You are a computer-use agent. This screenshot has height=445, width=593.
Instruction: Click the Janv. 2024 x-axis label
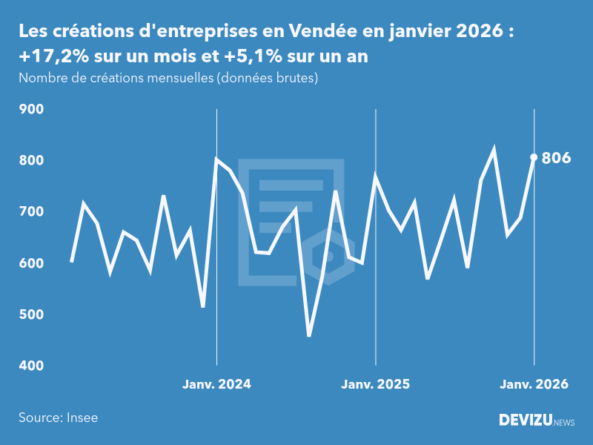[216, 384]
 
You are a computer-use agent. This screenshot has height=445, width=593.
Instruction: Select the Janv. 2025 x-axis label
[376, 384]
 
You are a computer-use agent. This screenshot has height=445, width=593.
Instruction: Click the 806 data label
[556, 158]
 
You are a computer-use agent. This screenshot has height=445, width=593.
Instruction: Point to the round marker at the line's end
[534, 157]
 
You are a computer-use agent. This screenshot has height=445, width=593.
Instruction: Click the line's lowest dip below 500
[309, 335]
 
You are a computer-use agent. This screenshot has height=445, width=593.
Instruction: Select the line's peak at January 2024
[216, 159]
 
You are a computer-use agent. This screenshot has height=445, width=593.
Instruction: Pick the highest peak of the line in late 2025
[494, 151]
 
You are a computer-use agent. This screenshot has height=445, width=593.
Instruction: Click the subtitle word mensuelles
[181, 78]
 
